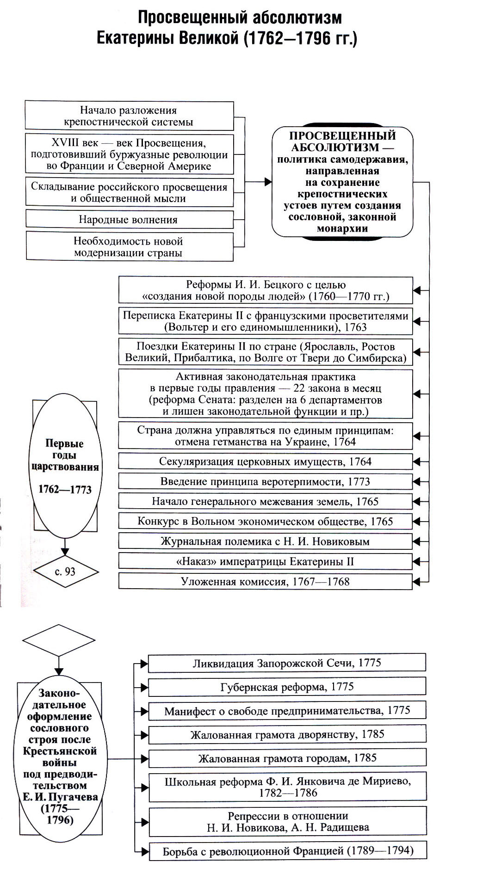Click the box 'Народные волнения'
tap(129, 219)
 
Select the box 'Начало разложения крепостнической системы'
tap(129, 116)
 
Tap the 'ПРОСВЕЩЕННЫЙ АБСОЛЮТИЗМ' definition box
tap(342, 182)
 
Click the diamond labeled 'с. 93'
tap(65, 572)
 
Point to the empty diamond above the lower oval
tap(58, 640)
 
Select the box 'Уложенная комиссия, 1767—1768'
tap(265, 581)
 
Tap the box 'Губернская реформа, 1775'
tap(287, 687)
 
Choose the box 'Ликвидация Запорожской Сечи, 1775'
tap(287, 663)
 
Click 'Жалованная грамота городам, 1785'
tap(287, 758)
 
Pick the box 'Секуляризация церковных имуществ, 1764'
tap(265, 461)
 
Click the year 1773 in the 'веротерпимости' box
tap(359, 481)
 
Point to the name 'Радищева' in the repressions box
tap(346, 827)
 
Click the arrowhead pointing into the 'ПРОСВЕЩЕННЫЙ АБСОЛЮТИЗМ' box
tap(268, 182)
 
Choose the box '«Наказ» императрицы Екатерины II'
tap(265, 561)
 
